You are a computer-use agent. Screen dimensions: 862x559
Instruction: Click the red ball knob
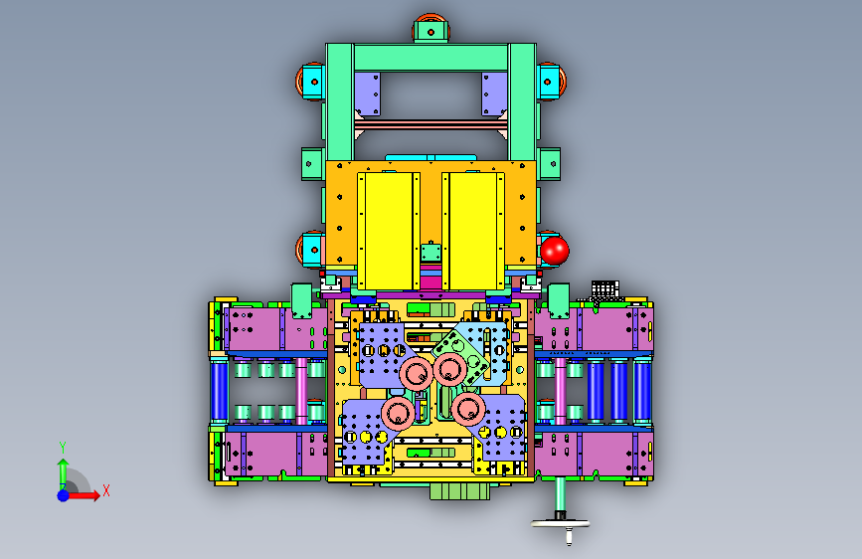point(555,251)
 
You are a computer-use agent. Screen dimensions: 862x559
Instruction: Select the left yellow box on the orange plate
point(389,231)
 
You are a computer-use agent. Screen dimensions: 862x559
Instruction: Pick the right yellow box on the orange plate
point(473,231)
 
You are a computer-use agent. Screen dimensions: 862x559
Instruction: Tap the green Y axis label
point(63,448)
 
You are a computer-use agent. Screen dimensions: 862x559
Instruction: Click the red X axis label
point(106,490)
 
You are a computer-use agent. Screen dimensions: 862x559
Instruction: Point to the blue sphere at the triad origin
point(64,495)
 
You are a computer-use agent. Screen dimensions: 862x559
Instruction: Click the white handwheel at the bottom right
point(560,524)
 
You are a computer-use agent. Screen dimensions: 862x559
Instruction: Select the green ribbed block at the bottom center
point(459,490)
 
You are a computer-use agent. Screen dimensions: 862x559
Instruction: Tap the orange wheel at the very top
point(431,29)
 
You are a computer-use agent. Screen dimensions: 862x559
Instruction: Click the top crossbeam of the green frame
point(431,58)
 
